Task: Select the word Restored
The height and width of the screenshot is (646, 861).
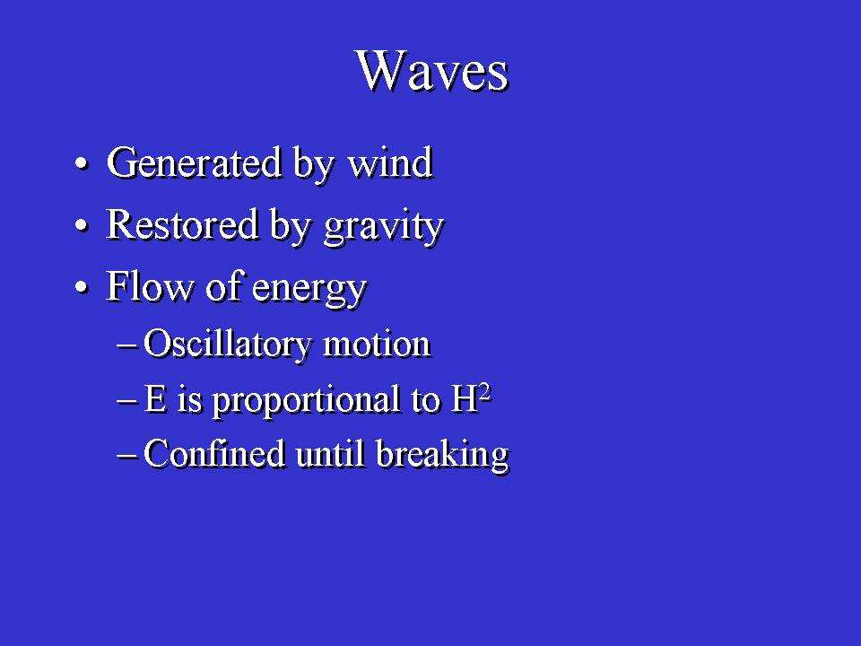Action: pyautogui.click(x=182, y=224)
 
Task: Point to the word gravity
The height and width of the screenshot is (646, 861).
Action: pyautogui.click(x=384, y=227)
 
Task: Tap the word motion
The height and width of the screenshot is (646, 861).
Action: pyautogui.click(x=378, y=345)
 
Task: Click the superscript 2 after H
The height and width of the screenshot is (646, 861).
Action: pyautogui.click(x=485, y=393)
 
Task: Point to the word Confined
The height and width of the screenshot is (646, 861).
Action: pyautogui.click(x=214, y=454)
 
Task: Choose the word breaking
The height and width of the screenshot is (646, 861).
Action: pyautogui.click(x=443, y=456)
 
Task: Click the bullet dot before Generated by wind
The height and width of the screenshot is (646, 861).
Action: pyautogui.click(x=82, y=164)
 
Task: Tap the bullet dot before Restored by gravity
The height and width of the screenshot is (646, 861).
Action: pyautogui.click(x=82, y=226)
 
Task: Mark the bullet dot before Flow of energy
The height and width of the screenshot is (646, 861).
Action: pyautogui.click(x=82, y=287)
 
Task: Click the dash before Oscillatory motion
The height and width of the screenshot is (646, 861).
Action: pyautogui.click(x=126, y=346)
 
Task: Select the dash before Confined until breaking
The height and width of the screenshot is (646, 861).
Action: pyautogui.click(x=126, y=456)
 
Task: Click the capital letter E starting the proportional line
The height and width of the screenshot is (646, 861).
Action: pyautogui.click(x=155, y=398)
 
